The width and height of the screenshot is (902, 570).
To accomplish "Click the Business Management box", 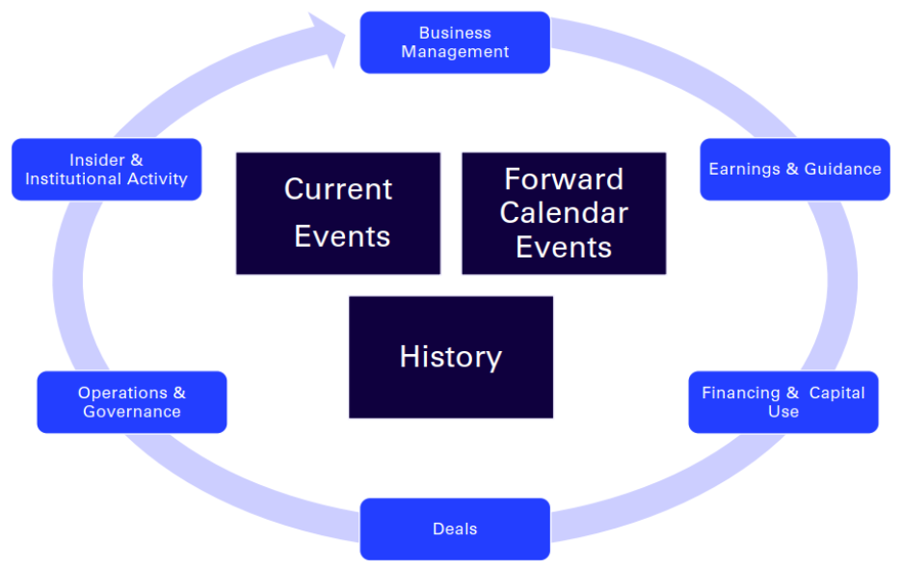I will coord(455,42).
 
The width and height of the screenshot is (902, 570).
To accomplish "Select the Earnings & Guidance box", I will coord(795,170).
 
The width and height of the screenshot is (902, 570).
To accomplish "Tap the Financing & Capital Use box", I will coord(783,402).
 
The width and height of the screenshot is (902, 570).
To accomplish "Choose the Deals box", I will coord(455,529).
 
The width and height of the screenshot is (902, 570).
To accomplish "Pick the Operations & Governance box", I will coord(132,402).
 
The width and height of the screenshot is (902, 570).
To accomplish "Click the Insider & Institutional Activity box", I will coord(106,170).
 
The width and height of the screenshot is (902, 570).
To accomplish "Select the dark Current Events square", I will coord(338,213).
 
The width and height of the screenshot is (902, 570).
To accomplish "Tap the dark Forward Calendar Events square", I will coord(564,213).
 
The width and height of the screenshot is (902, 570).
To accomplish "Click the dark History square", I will coord(451,357).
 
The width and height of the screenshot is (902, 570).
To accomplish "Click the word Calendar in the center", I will coord(564,213).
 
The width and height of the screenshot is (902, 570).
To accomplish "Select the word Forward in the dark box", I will coord(564,179).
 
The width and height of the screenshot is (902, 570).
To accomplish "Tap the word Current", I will coord(338,189).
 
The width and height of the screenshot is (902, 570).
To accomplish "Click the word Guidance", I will coord(842,170).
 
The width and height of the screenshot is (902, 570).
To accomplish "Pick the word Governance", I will coord(132,412).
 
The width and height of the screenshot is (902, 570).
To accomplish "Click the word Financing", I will coord(740,394).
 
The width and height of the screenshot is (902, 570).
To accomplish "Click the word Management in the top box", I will coord(455,52).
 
